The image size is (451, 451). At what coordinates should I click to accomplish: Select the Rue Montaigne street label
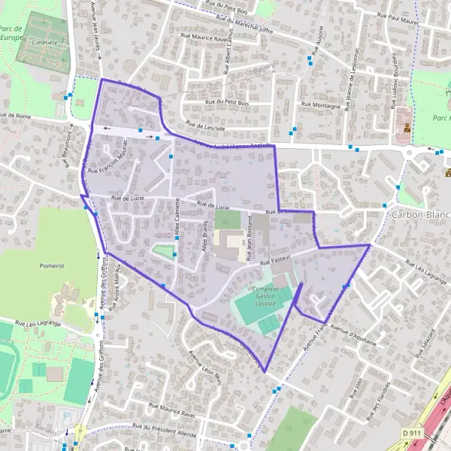point(320,105)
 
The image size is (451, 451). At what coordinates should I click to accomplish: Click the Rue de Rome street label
point(14,117)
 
